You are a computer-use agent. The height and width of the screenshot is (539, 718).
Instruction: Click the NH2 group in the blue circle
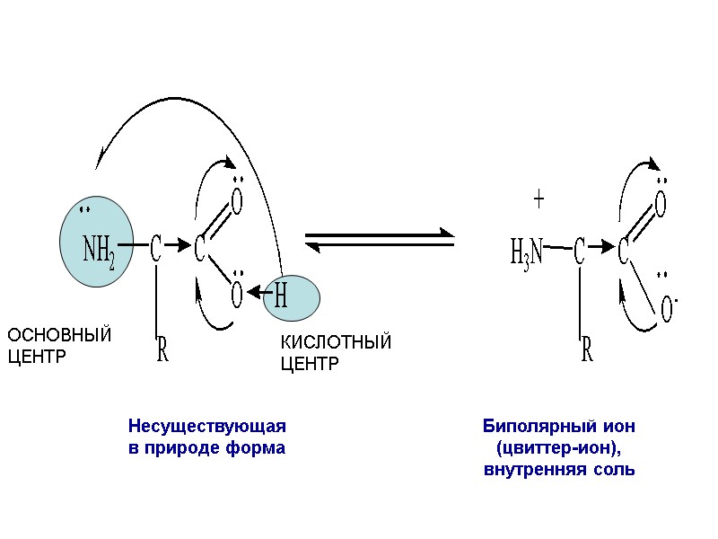tap(98, 250)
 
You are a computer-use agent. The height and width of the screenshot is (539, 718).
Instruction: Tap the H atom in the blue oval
tap(280, 296)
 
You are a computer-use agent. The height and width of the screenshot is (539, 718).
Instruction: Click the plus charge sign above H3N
tap(539, 200)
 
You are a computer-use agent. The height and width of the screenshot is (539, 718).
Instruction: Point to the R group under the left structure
tap(162, 350)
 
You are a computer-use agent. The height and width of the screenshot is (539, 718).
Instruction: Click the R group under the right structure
tap(587, 350)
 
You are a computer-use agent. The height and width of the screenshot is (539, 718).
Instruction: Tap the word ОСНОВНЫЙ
tap(59, 336)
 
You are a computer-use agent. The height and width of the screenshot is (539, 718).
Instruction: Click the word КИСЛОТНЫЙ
tap(337, 343)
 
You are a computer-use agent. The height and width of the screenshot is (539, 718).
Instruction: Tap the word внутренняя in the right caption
tap(527, 469)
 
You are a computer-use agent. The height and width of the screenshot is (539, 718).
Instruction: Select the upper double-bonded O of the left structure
tap(237, 202)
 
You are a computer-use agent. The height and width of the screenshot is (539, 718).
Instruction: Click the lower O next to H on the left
tap(237, 294)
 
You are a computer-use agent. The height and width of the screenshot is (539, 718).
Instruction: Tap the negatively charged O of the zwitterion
tap(668, 308)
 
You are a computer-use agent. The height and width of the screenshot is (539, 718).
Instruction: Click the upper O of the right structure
tap(661, 204)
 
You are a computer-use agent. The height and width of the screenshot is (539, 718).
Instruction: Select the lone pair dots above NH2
tap(85, 213)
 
